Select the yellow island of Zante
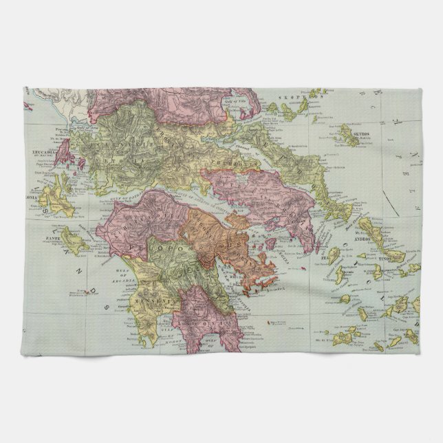coord(72,239)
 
